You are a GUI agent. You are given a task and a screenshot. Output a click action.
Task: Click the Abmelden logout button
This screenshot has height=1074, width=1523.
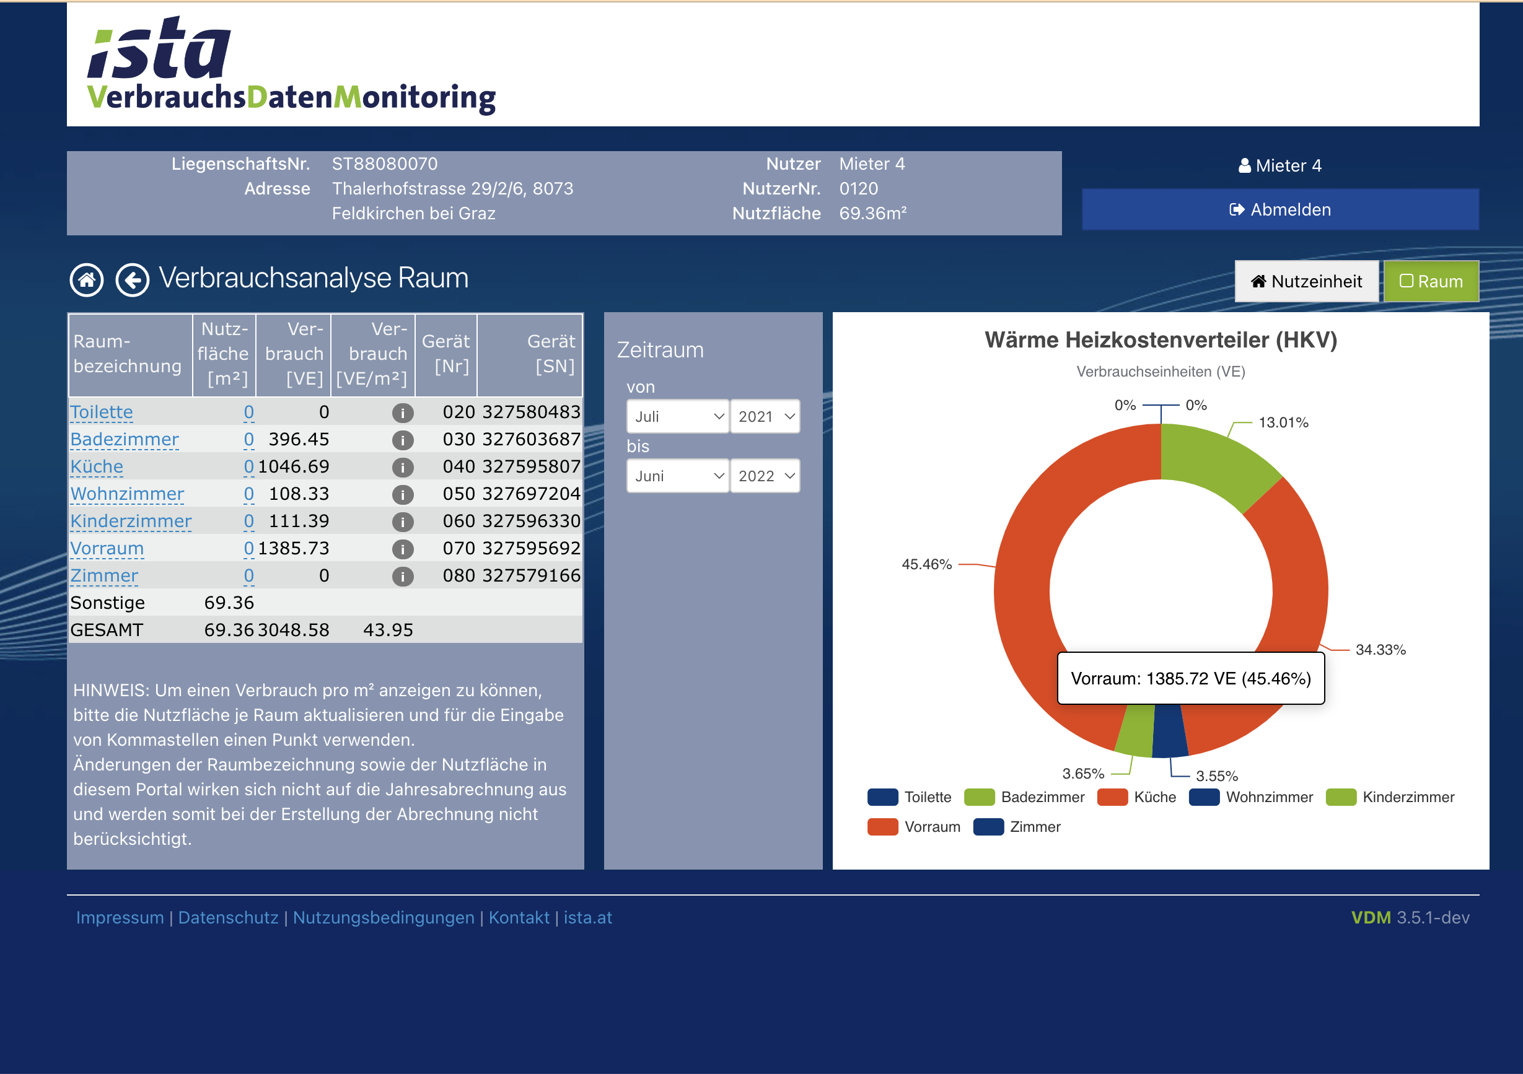[1279, 209]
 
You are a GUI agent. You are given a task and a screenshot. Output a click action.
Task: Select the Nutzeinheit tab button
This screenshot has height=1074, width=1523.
[1306, 281]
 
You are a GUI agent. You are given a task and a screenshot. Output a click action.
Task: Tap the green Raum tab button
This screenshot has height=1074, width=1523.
[1431, 281]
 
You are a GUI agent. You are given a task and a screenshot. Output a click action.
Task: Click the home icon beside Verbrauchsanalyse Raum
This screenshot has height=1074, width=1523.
[87, 280]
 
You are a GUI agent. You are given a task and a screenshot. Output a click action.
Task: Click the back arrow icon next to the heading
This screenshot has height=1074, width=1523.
[133, 280]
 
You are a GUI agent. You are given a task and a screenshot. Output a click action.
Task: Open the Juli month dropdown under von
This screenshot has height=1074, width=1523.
[677, 416]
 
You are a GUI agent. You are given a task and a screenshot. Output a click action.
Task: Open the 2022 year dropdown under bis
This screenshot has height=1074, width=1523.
[765, 476]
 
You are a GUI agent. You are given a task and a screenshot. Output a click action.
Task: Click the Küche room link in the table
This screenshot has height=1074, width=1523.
[97, 467]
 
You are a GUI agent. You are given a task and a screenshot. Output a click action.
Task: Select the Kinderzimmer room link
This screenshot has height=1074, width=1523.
[131, 521]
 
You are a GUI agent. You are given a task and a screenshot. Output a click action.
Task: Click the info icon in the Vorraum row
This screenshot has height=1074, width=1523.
[403, 549]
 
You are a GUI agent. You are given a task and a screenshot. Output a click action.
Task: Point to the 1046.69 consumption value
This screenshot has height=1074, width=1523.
[293, 467]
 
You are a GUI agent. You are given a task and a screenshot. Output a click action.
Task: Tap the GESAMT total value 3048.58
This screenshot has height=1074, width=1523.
[293, 630]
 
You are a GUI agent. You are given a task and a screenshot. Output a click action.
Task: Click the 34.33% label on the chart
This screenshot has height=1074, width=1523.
[1380, 650]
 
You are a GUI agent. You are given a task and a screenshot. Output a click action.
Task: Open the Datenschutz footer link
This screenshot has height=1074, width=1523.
[228, 917]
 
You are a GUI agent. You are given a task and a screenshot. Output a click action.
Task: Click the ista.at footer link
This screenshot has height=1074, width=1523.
[588, 917]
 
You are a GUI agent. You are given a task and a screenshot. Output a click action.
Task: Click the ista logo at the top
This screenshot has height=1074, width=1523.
[159, 50]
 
